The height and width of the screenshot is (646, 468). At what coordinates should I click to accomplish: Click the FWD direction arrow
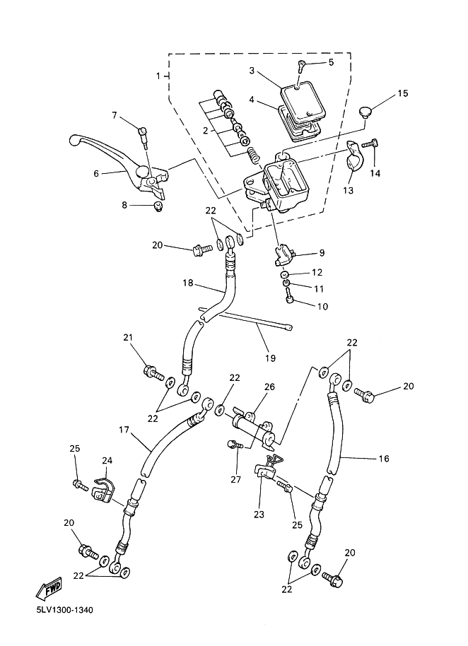49,588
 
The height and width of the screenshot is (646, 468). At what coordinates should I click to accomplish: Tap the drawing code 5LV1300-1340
64,609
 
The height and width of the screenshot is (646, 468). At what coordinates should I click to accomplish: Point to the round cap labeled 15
364,112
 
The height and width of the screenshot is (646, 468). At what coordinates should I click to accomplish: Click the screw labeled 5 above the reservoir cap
302,66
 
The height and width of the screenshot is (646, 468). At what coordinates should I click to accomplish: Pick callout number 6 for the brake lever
96,173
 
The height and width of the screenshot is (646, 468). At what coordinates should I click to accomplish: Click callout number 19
270,358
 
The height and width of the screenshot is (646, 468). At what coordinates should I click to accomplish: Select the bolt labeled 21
153,372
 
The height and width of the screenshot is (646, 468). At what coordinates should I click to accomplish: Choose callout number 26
269,387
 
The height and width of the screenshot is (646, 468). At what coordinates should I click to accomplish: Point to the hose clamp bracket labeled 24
103,491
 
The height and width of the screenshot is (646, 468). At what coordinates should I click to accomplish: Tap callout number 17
124,430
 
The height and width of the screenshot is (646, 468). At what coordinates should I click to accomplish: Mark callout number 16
384,458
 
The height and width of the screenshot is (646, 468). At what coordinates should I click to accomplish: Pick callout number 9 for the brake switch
322,252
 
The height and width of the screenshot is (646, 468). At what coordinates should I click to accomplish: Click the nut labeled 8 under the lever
158,206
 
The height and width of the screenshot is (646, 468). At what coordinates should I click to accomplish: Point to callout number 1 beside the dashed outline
158,76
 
